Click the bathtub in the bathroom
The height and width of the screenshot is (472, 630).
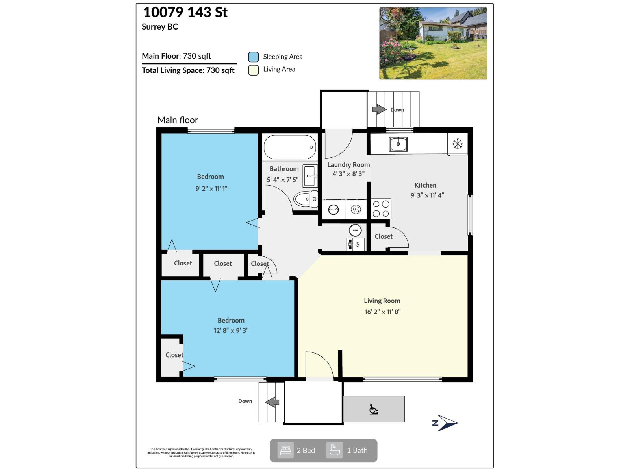(x=290, y=147)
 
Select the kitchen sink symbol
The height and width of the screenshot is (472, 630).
(x=398, y=144)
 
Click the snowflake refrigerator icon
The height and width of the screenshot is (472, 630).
(x=457, y=144)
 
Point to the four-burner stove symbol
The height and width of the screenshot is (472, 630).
(x=381, y=209)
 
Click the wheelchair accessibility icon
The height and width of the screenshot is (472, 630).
(x=373, y=409)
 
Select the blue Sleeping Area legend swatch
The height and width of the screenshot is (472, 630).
(x=253, y=57)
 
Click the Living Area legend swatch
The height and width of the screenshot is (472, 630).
(x=253, y=70)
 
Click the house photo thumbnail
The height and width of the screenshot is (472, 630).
(x=433, y=43)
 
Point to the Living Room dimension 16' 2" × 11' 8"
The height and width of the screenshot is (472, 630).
(x=382, y=312)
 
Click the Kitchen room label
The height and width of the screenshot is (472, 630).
(x=425, y=185)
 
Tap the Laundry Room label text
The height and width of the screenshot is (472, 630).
(x=348, y=165)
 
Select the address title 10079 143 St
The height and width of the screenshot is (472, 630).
(x=185, y=12)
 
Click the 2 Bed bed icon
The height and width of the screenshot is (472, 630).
(x=285, y=450)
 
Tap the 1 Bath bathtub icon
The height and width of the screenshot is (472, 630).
(x=334, y=450)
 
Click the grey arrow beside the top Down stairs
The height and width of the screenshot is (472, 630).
(x=379, y=109)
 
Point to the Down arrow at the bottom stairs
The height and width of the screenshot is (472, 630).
(x=272, y=402)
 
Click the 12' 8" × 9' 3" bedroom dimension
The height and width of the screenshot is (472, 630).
(x=231, y=330)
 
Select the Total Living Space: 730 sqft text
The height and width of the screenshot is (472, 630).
(x=188, y=70)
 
